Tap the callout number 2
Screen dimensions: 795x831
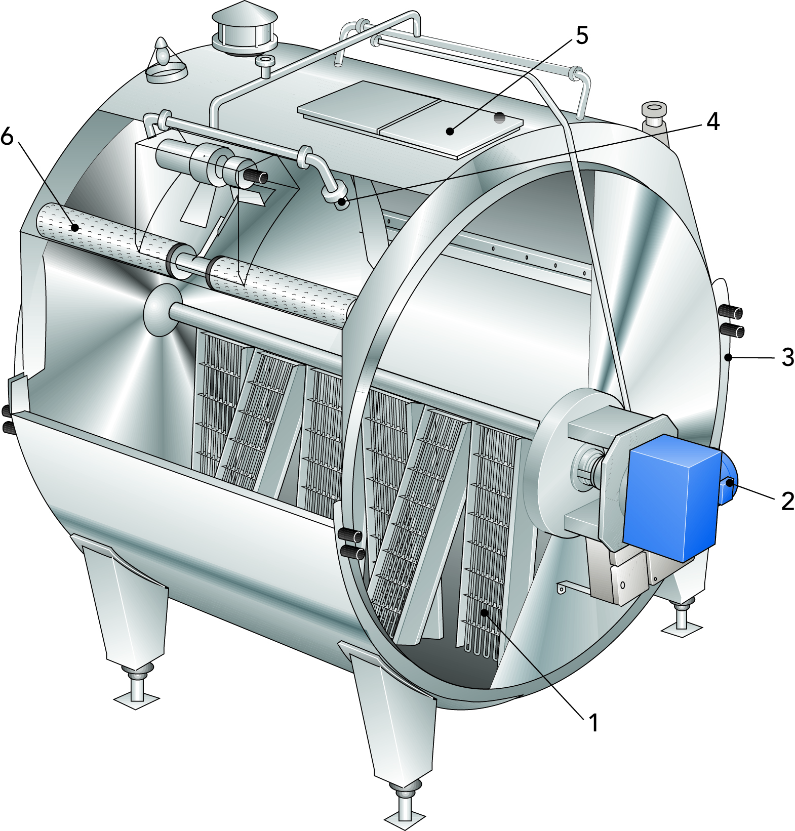[787, 501]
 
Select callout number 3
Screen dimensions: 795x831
[787, 357]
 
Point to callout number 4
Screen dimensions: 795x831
[713, 121]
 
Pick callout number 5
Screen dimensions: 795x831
[582, 35]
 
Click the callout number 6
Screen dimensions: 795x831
[7, 136]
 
